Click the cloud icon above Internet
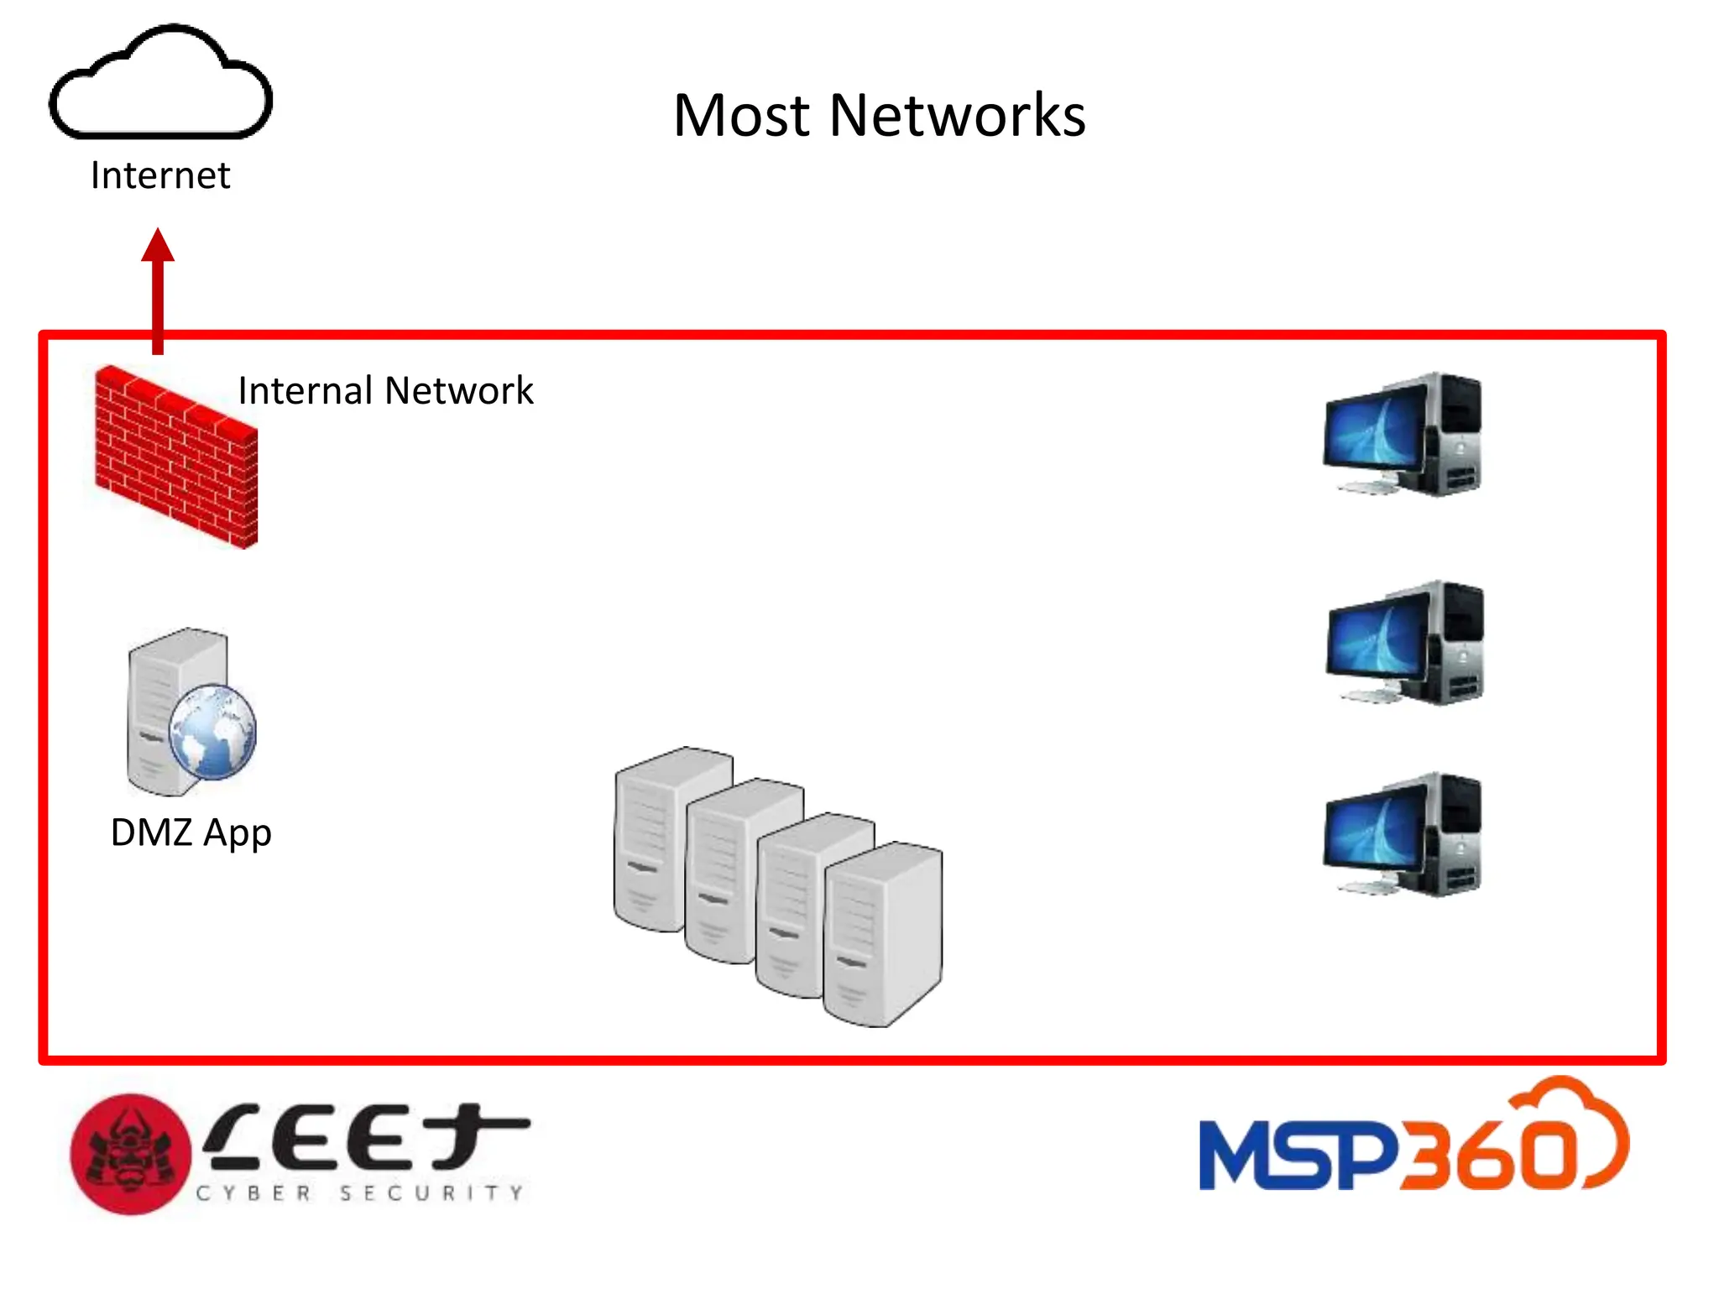(160, 84)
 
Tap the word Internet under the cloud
(160, 176)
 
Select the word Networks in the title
(957, 115)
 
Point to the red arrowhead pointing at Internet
(158, 246)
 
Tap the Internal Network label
(385, 391)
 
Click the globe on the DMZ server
(212, 732)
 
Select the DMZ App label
(191, 832)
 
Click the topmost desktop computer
(1402, 435)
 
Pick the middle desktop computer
(1404, 643)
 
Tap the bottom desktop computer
(1402, 835)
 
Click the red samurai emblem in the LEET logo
(130, 1154)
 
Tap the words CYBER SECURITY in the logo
(361, 1192)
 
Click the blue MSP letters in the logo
(1297, 1156)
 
